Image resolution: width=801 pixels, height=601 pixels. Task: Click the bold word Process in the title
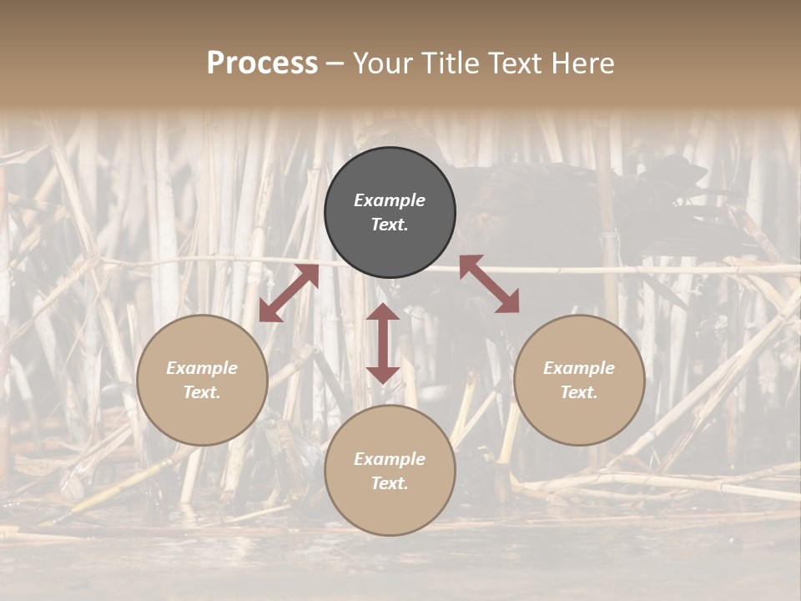(x=262, y=63)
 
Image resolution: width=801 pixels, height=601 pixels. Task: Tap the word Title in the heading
(x=448, y=63)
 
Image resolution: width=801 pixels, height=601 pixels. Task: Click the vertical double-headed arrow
(x=383, y=343)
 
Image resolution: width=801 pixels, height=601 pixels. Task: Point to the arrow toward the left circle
(x=289, y=293)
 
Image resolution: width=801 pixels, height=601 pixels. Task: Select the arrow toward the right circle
(x=489, y=284)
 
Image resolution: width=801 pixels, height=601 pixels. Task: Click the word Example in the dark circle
(x=390, y=200)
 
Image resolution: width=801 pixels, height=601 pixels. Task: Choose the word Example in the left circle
(x=202, y=368)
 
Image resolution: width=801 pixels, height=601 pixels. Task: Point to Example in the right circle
(x=579, y=368)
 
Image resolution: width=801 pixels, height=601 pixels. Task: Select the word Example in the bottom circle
(x=390, y=459)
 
